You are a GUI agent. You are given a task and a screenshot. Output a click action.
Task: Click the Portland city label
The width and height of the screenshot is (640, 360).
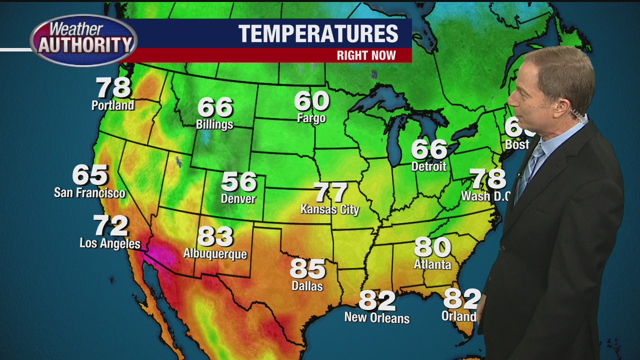click(x=112, y=105)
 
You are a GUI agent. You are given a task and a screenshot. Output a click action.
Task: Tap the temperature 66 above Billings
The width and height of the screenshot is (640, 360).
click(x=215, y=107)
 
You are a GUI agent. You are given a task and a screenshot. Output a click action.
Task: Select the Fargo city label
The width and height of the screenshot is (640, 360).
click(x=311, y=118)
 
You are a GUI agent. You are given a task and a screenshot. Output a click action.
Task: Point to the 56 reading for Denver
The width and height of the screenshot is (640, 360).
click(x=238, y=182)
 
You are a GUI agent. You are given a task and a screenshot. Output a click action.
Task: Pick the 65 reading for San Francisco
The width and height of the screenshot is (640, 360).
click(x=90, y=175)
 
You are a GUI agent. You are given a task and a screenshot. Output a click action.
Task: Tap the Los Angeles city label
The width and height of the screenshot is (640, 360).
click(x=110, y=243)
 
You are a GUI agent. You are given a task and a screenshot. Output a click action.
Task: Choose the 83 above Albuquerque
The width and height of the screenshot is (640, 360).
click(x=215, y=236)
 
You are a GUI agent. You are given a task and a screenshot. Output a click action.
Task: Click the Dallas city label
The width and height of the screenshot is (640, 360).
click(x=307, y=286)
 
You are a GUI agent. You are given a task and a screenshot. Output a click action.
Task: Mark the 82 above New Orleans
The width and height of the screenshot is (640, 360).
click(x=377, y=300)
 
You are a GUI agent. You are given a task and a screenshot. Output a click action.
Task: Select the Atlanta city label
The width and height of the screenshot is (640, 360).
click(x=432, y=264)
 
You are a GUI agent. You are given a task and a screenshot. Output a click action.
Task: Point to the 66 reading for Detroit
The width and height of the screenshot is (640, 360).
click(x=429, y=149)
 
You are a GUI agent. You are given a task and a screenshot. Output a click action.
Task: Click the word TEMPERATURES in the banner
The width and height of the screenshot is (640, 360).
click(x=318, y=34)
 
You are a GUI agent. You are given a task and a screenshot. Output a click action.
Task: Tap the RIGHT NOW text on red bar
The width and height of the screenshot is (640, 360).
click(x=366, y=55)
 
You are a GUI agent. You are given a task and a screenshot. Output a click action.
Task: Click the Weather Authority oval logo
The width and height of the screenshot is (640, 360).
click(x=83, y=40)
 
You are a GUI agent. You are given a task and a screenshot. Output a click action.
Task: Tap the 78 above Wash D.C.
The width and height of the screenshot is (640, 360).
click(x=487, y=179)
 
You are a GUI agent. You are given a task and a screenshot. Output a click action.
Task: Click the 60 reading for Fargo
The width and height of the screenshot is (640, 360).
click(x=311, y=101)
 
